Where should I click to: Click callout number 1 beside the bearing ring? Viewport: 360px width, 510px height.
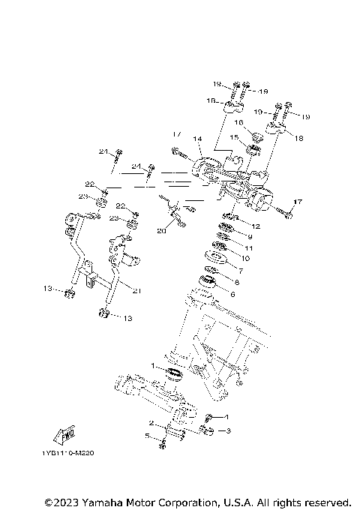point(153,366)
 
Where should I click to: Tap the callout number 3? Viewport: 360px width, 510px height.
point(229,430)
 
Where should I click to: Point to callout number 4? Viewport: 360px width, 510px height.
point(229,416)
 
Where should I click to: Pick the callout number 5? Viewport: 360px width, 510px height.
point(148,436)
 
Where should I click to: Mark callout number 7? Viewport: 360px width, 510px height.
point(241,269)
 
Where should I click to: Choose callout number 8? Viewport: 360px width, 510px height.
point(237,282)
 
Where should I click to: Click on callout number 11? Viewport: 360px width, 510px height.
point(248,247)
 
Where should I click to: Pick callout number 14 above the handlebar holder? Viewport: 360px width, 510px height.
point(198,139)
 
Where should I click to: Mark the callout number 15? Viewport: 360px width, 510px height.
point(233,137)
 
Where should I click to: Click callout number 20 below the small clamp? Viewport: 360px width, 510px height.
point(160,232)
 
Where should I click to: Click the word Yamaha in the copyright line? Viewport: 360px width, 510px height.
point(105,501)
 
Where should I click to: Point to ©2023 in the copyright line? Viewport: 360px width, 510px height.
point(61,501)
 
